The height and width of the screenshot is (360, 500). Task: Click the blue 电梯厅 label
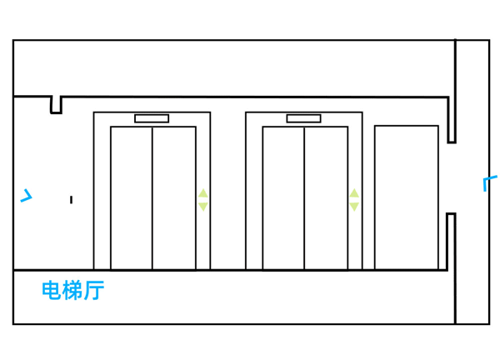coord(73,291)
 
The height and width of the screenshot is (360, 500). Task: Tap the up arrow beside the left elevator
coord(202,194)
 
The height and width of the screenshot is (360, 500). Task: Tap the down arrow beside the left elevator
coord(202,207)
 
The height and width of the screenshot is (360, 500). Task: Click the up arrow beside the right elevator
coord(354,194)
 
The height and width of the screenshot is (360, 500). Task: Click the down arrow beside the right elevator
coord(354,207)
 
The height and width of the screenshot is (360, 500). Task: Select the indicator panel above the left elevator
coord(152,118)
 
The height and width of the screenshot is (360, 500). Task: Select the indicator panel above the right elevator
coord(303,118)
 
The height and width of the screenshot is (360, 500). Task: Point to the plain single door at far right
coord(406,197)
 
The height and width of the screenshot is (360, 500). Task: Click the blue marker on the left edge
coord(27,197)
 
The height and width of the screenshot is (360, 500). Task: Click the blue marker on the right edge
coord(488,182)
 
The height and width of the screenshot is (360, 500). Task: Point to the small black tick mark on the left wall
coord(71,199)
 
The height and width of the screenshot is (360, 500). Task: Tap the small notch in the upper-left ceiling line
coord(56,106)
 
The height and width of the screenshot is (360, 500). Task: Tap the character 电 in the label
coord(52,291)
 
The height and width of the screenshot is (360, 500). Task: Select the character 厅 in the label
coord(94,291)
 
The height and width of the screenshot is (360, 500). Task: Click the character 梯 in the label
coord(73,291)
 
